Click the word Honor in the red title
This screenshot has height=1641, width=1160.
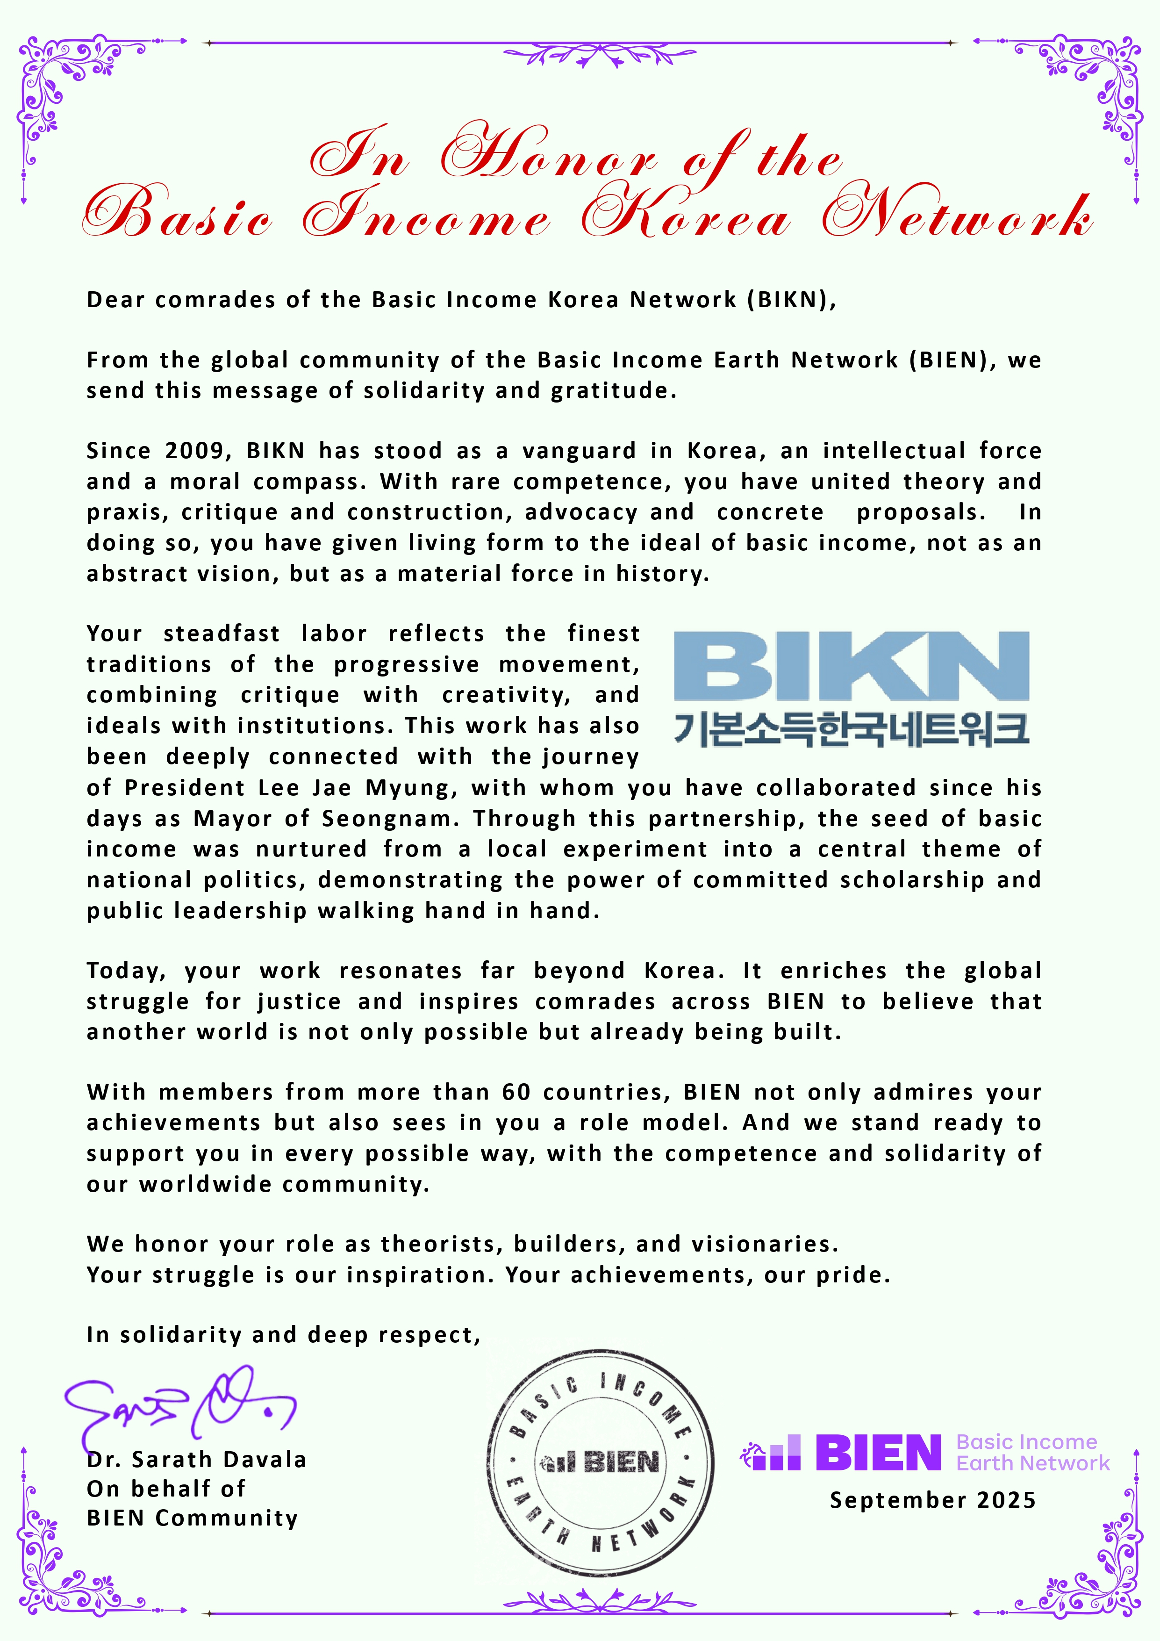(x=549, y=157)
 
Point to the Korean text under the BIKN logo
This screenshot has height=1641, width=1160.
(x=852, y=729)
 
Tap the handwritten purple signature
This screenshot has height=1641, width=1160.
(x=179, y=1404)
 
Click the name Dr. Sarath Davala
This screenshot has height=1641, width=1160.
(x=196, y=1460)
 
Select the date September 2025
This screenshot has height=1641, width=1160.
(x=932, y=1500)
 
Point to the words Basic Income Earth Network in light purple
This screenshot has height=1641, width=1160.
(x=1032, y=1453)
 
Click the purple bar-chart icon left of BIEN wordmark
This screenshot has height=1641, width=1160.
(x=772, y=1454)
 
